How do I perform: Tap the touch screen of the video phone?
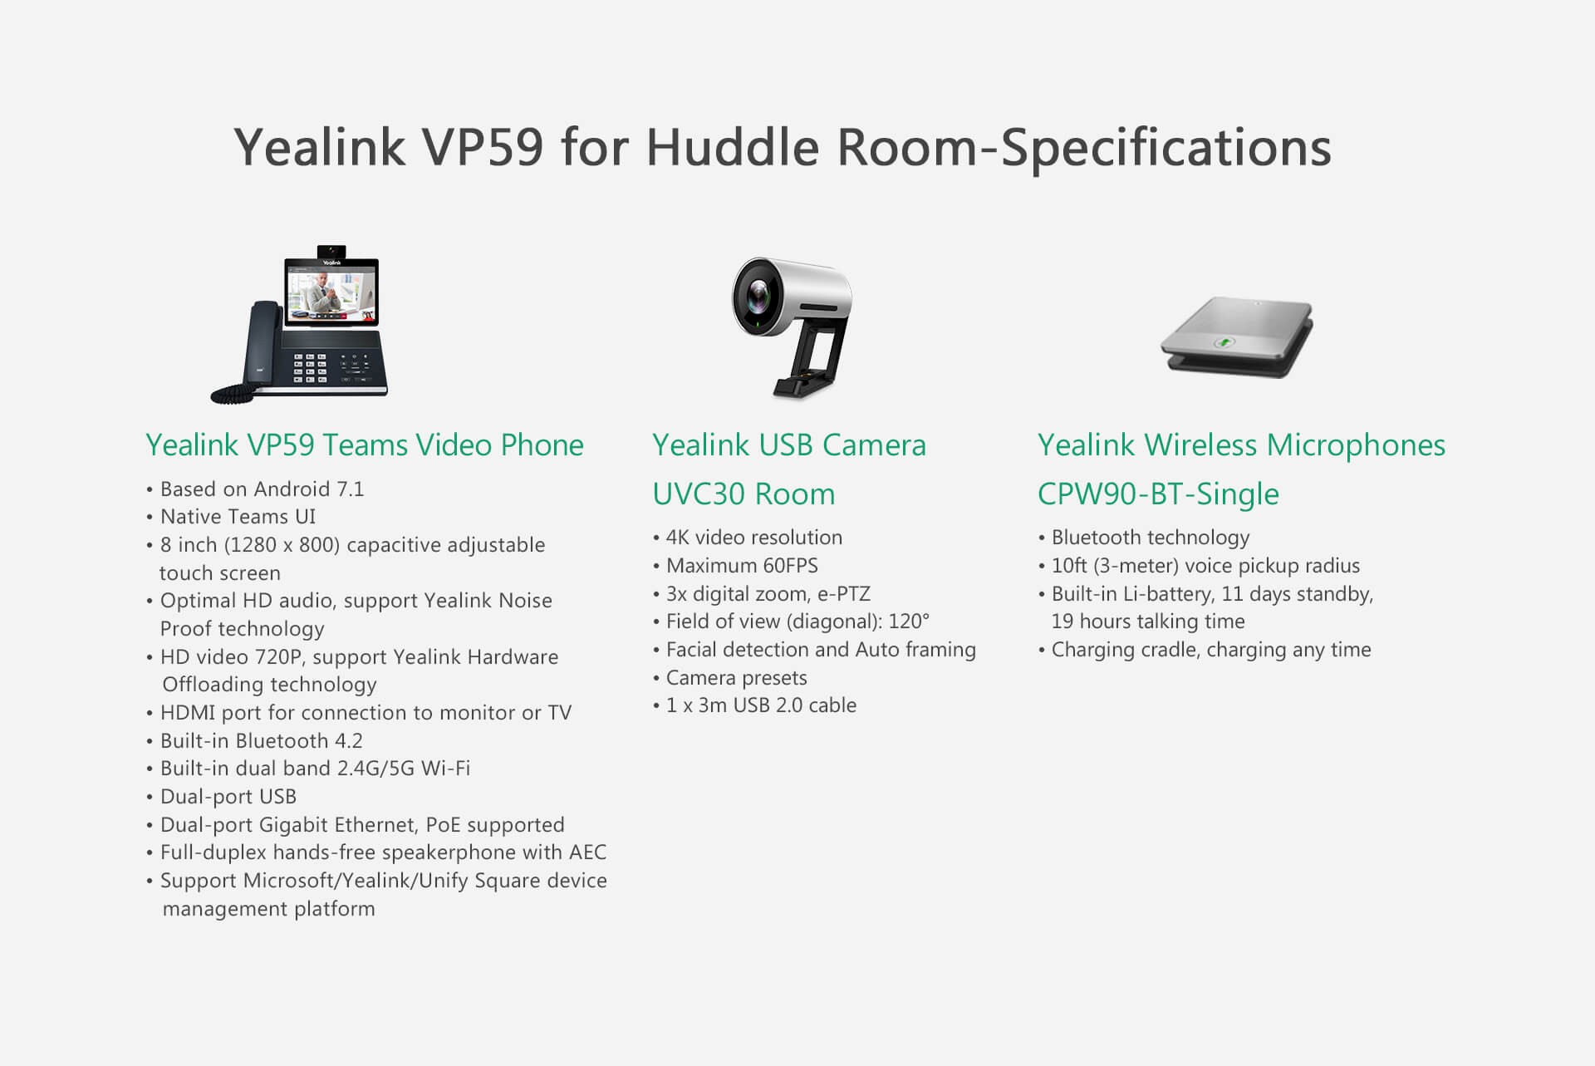point(331,291)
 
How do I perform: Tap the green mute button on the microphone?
point(1224,341)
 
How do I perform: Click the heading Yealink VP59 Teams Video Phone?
point(365,445)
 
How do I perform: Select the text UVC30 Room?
point(744,494)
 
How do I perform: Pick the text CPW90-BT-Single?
point(1158,494)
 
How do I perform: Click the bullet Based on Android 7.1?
point(255,489)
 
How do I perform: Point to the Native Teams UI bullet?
point(231,517)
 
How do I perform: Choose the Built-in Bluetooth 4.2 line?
point(254,740)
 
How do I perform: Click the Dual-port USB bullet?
point(221,797)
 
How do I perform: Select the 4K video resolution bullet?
point(748,538)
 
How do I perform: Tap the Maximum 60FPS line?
point(735,566)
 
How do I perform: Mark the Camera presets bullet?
point(730,678)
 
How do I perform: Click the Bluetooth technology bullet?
point(1144,538)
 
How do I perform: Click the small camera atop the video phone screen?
point(332,251)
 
